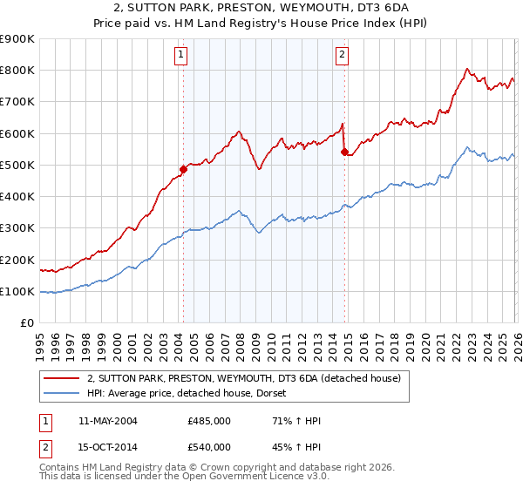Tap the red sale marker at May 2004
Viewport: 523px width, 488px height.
click(183, 169)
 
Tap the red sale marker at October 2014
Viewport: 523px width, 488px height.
click(344, 152)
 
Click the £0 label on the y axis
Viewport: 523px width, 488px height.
click(27, 323)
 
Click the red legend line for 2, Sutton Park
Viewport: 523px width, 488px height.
click(62, 378)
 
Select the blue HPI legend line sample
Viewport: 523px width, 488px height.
click(62, 394)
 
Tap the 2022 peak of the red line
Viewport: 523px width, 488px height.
click(467, 69)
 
